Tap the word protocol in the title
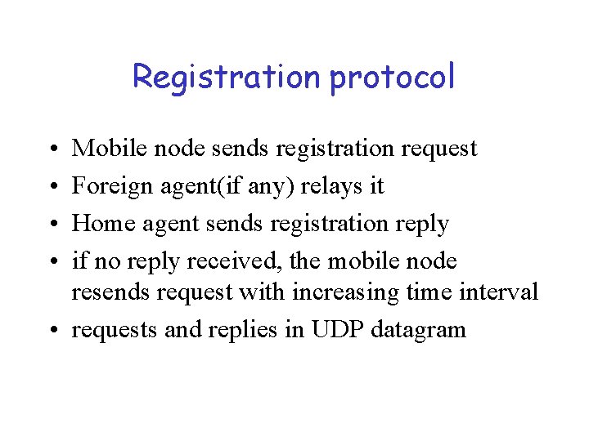pos(392,78)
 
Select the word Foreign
pos(106,186)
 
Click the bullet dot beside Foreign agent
pos(52,187)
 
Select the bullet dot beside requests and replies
pos(52,331)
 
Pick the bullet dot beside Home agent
pos(52,225)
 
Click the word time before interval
pos(432,292)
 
